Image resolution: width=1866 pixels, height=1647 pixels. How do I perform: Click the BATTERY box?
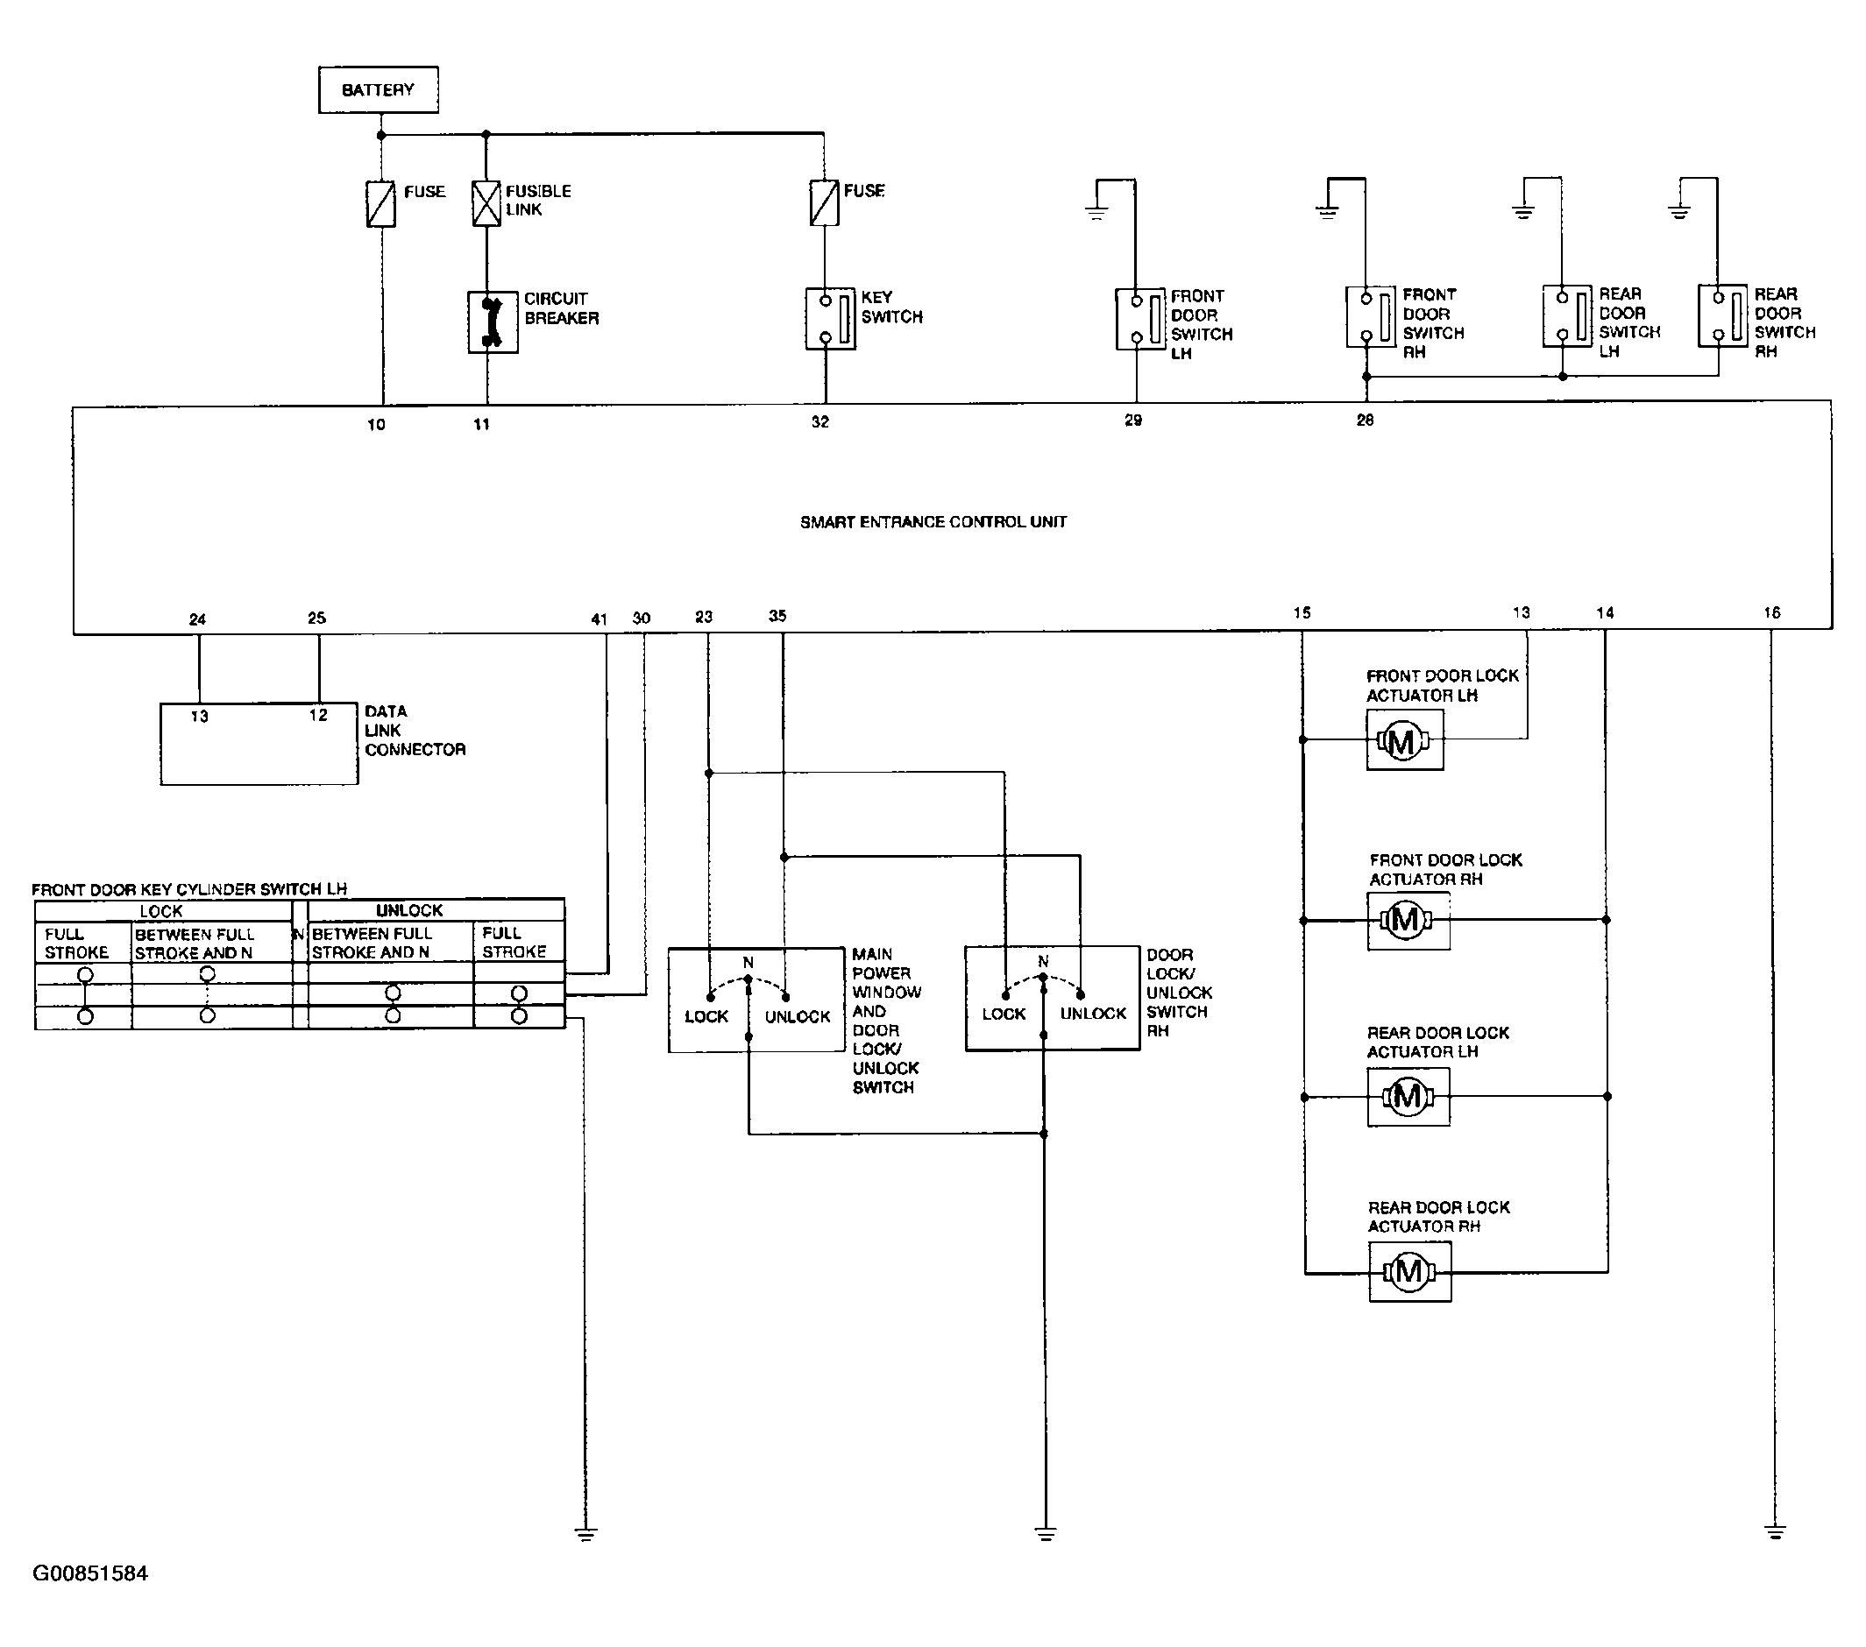click(x=378, y=89)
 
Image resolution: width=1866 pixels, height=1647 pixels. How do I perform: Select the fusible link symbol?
click(x=486, y=202)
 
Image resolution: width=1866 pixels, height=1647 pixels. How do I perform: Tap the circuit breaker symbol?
click(x=493, y=322)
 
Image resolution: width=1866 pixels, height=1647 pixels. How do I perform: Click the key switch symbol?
click(x=831, y=320)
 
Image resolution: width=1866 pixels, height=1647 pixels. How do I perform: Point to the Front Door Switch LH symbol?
click(x=1140, y=320)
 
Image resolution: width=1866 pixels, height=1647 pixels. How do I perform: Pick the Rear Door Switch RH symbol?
click(x=1722, y=315)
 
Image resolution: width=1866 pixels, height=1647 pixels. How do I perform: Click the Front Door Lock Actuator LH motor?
click(x=1405, y=740)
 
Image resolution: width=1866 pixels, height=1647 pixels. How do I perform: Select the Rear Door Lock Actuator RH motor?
click(x=1409, y=1271)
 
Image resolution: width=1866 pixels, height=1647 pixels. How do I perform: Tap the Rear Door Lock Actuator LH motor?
click(x=1408, y=1096)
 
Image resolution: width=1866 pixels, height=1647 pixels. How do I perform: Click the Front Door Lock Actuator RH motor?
click(x=1408, y=921)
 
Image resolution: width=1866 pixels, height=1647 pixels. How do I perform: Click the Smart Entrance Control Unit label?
click(x=933, y=522)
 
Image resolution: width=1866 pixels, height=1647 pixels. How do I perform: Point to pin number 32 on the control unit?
click(x=819, y=421)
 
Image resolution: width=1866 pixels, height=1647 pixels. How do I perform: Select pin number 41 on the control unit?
click(x=599, y=619)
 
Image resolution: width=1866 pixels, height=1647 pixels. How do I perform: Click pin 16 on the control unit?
click(x=1771, y=613)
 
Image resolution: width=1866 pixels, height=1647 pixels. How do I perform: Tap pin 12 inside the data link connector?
click(x=317, y=716)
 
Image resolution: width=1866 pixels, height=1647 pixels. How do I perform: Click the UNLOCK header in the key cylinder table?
click(x=409, y=910)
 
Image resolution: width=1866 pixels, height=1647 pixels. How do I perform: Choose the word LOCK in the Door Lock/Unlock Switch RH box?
click(x=1004, y=1014)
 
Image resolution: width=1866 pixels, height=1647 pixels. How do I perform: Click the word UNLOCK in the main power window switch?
click(x=797, y=1016)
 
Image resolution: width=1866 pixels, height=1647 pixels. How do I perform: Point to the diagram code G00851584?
click(x=89, y=1573)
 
